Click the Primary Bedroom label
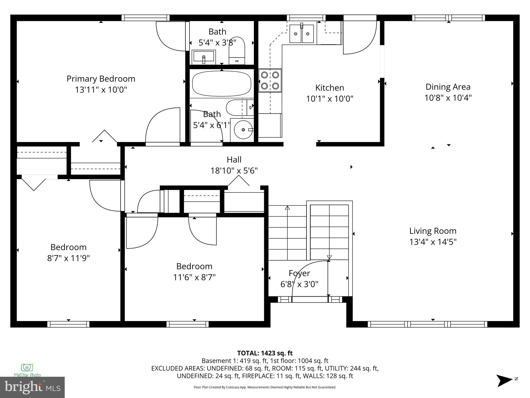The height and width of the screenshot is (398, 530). [x=101, y=79]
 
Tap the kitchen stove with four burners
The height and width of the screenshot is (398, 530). [x=270, y=80]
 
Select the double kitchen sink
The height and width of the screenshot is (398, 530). [x=301, y=34]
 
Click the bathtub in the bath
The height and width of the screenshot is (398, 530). [x=222, y=84]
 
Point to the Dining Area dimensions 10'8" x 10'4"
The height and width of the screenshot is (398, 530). [x=448, y=98]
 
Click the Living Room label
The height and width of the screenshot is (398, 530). [x=433, y=231]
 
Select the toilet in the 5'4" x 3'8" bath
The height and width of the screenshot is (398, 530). [x=237, y=51]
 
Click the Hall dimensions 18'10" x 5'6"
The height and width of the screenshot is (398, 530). [x=234, y=171]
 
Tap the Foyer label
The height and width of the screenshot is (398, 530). [x=299, y=273]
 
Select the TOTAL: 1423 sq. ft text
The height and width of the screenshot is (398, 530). [x=265, y=353]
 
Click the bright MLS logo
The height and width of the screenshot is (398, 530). [x=32, y=387]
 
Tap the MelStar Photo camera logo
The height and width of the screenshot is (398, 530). [x=27, y=368]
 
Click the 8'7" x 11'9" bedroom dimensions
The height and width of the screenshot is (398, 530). [x=68, y=258]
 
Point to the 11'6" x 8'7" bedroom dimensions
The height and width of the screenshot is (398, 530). [x=194, y=278]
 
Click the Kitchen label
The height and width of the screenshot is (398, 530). [x=329, y=88]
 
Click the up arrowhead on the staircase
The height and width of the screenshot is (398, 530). [x=287, y=208]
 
